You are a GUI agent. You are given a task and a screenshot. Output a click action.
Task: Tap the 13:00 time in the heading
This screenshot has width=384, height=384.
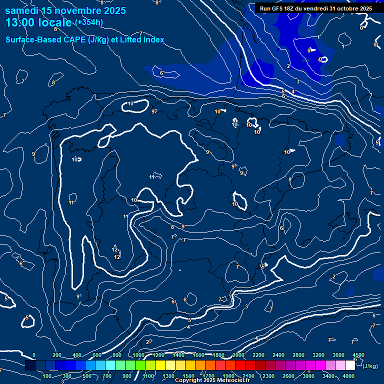[x=22, y=23]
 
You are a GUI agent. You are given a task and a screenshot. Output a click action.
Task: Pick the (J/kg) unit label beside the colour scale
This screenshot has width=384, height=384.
[x=369, y=366]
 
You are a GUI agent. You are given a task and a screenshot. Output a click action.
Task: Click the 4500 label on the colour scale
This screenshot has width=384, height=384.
[x=358, y=355]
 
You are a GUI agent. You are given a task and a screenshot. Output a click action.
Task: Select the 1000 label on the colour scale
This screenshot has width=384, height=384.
[x=138, y=355]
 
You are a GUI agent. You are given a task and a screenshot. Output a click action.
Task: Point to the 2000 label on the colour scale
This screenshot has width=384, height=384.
[x=238, y=355]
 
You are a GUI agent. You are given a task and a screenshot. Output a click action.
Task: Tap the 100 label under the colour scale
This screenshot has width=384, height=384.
[x=47, y=376]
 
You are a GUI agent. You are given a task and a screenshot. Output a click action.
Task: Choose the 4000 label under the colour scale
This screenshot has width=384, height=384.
[x=348, y=376]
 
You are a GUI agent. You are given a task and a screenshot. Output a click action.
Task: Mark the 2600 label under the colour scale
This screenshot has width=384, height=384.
[x=288, y=376]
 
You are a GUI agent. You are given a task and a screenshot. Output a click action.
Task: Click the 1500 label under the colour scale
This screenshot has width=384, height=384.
[x=188, y=376]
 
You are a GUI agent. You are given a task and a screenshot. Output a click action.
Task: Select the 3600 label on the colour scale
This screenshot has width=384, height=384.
[x=338, y=355]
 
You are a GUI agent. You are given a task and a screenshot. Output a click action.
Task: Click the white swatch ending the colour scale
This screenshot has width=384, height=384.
[x=350, y=365]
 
